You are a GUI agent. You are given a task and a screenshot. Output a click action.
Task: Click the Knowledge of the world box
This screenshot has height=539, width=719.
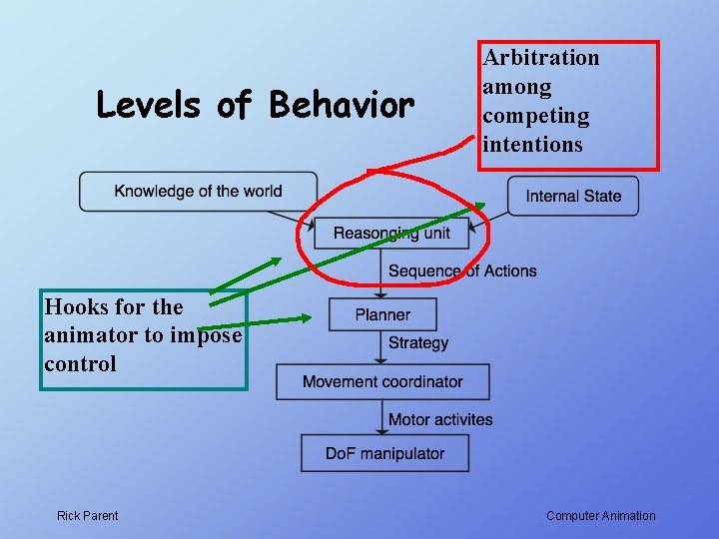tap(198, 191)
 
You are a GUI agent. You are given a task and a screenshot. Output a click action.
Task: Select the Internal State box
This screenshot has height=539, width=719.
tap(573, 196)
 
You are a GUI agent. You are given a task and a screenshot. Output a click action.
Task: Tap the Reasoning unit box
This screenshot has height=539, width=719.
tap(391, 234)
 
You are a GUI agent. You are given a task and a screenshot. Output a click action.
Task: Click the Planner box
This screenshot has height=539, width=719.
tap(382, 314)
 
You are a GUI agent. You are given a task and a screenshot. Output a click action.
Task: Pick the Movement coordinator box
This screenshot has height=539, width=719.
tap(382, 381)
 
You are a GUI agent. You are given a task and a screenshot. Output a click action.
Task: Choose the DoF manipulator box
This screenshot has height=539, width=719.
tap(384, 453)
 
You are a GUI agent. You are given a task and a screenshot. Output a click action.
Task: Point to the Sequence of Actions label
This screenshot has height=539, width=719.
tap(462, 270)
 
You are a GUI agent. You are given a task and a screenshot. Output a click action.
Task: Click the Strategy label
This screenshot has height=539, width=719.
tap(418, 342)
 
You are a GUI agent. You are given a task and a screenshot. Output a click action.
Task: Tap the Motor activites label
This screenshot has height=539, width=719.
tap(440, 419)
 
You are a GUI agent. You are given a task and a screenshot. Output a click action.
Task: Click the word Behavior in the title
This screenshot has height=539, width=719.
tap(342, 105)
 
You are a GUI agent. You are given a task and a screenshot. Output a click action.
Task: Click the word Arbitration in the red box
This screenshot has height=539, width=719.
tap(541, 58)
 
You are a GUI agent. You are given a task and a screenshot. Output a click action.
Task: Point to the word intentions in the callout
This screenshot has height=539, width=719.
tap(532, 144)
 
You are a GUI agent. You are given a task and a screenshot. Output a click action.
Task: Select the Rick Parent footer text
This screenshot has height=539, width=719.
tap(87, 516)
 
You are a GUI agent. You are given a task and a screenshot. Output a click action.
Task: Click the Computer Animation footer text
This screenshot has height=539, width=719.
tap(601, 516)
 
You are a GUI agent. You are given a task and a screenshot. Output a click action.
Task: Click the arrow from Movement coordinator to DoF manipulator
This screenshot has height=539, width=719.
tap(382, 416)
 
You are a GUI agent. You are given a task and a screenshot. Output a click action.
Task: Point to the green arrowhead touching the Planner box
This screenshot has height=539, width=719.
tap(304, 319)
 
